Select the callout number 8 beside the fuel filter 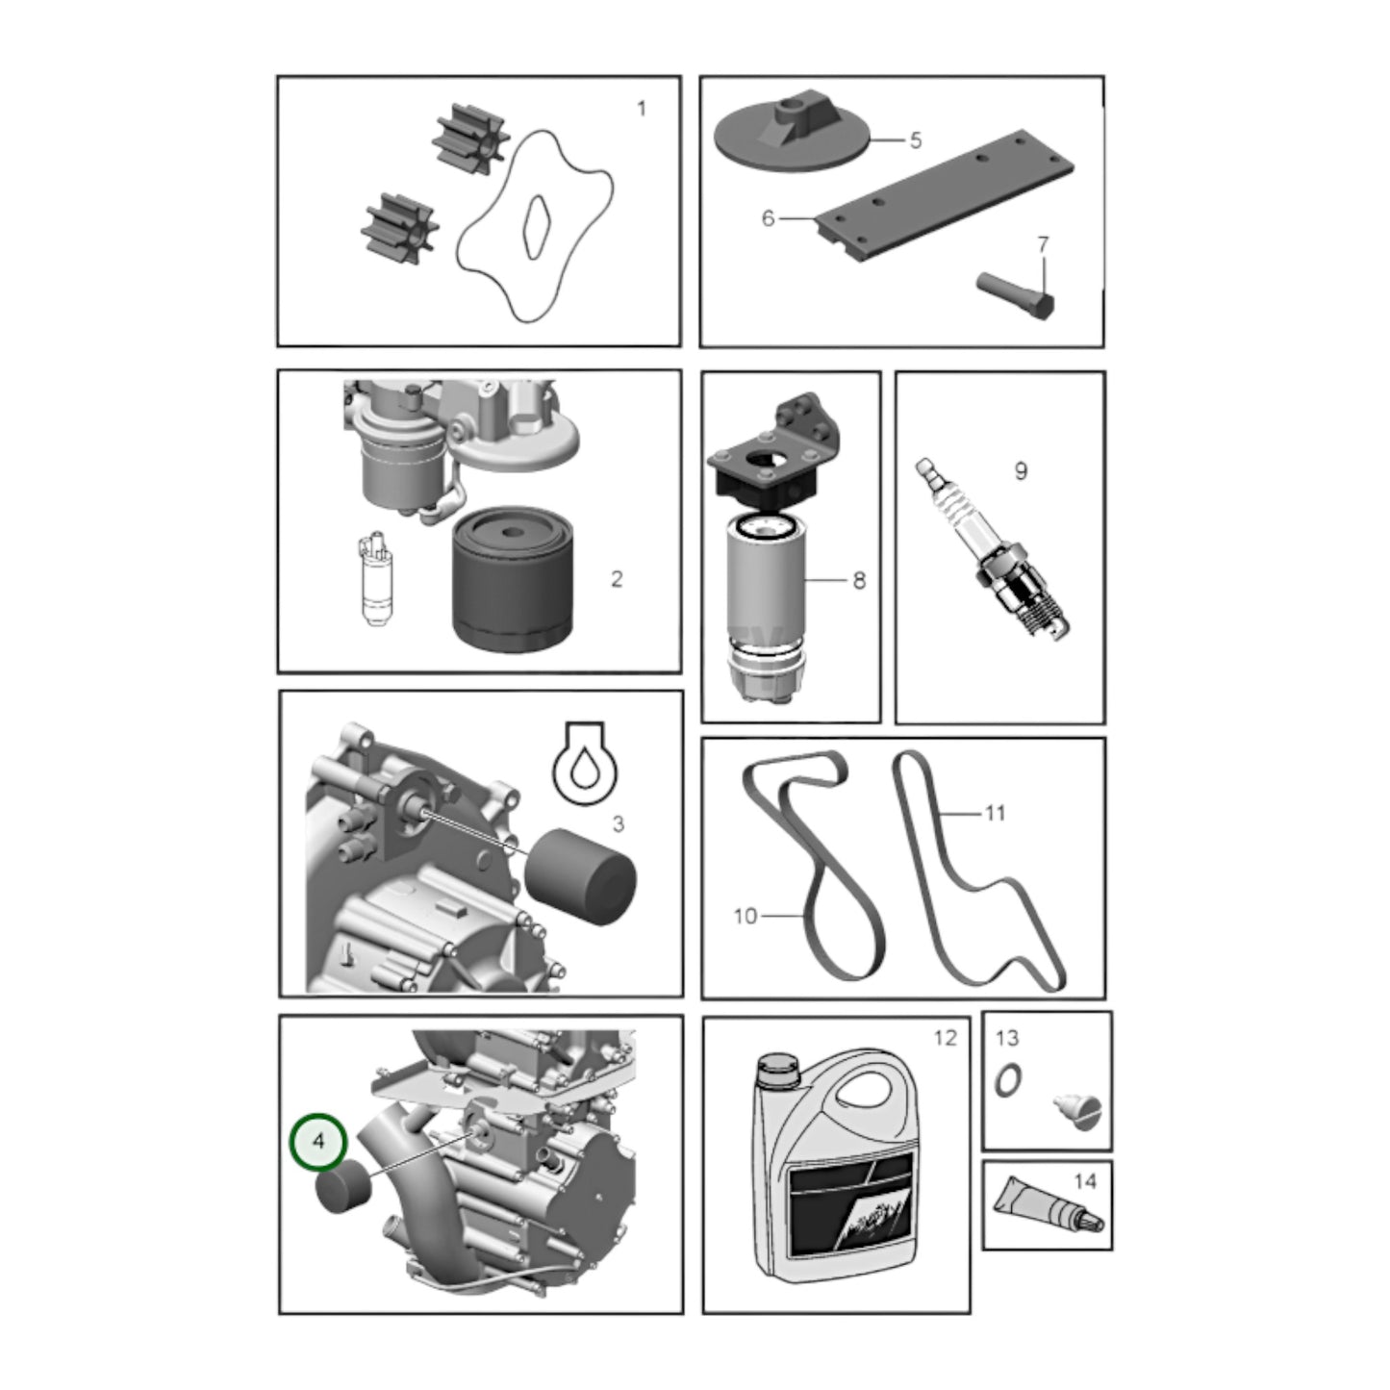point(859,581)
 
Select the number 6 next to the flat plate point(769,217)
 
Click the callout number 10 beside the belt point(745,916)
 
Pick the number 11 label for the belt point(995,814)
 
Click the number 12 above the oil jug point(945,1038)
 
